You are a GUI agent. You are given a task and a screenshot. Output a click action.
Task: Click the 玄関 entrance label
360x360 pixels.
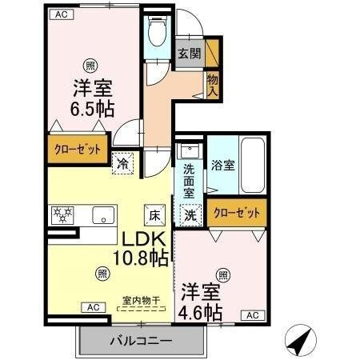[189, 54]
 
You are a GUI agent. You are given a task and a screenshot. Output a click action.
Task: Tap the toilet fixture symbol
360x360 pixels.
[158, 32]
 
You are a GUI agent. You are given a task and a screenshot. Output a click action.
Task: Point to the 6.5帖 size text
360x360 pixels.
[82, 109]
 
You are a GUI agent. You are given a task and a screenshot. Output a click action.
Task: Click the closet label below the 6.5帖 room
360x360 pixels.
[78, 149]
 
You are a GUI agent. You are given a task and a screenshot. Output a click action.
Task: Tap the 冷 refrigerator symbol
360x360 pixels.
[123, 161]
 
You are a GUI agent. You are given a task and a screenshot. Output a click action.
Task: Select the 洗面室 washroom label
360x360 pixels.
[189, 181]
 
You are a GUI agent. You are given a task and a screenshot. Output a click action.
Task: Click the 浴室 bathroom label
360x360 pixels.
[222, 166]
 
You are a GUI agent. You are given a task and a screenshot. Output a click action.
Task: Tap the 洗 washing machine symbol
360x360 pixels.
[190, 214]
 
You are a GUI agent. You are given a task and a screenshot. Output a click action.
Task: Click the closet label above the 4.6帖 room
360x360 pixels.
[237, 213]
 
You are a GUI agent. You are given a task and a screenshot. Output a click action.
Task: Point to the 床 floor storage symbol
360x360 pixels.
[154, 214]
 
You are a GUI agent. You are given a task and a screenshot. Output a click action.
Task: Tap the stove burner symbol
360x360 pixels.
[62, 214]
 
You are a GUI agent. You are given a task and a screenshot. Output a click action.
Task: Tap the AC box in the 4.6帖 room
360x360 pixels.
[251, 314]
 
